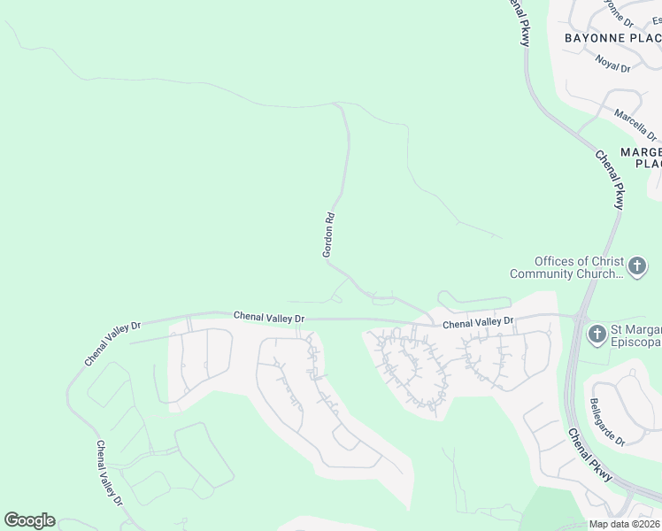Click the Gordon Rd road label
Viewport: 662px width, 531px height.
pos(328,235)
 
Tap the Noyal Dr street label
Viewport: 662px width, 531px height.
pos(612,64)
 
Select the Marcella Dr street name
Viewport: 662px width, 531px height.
pos(635,125)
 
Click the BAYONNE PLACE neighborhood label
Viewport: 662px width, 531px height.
pos(612,38)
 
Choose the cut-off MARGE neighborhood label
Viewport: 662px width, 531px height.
pos(641,158)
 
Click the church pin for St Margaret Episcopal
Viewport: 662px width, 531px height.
pos(597,335)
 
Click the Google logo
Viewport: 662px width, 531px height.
pos(29,520)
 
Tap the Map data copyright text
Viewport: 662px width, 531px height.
pos(625,524)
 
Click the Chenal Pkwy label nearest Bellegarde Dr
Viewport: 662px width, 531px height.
pos(590,456)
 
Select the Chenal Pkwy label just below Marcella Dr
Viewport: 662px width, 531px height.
pos(611,179)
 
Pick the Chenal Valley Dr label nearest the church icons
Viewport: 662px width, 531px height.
pos(478,324)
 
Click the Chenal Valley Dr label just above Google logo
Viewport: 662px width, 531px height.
pos(111,473)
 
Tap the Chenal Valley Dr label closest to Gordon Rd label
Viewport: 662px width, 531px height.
pos(269,316)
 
